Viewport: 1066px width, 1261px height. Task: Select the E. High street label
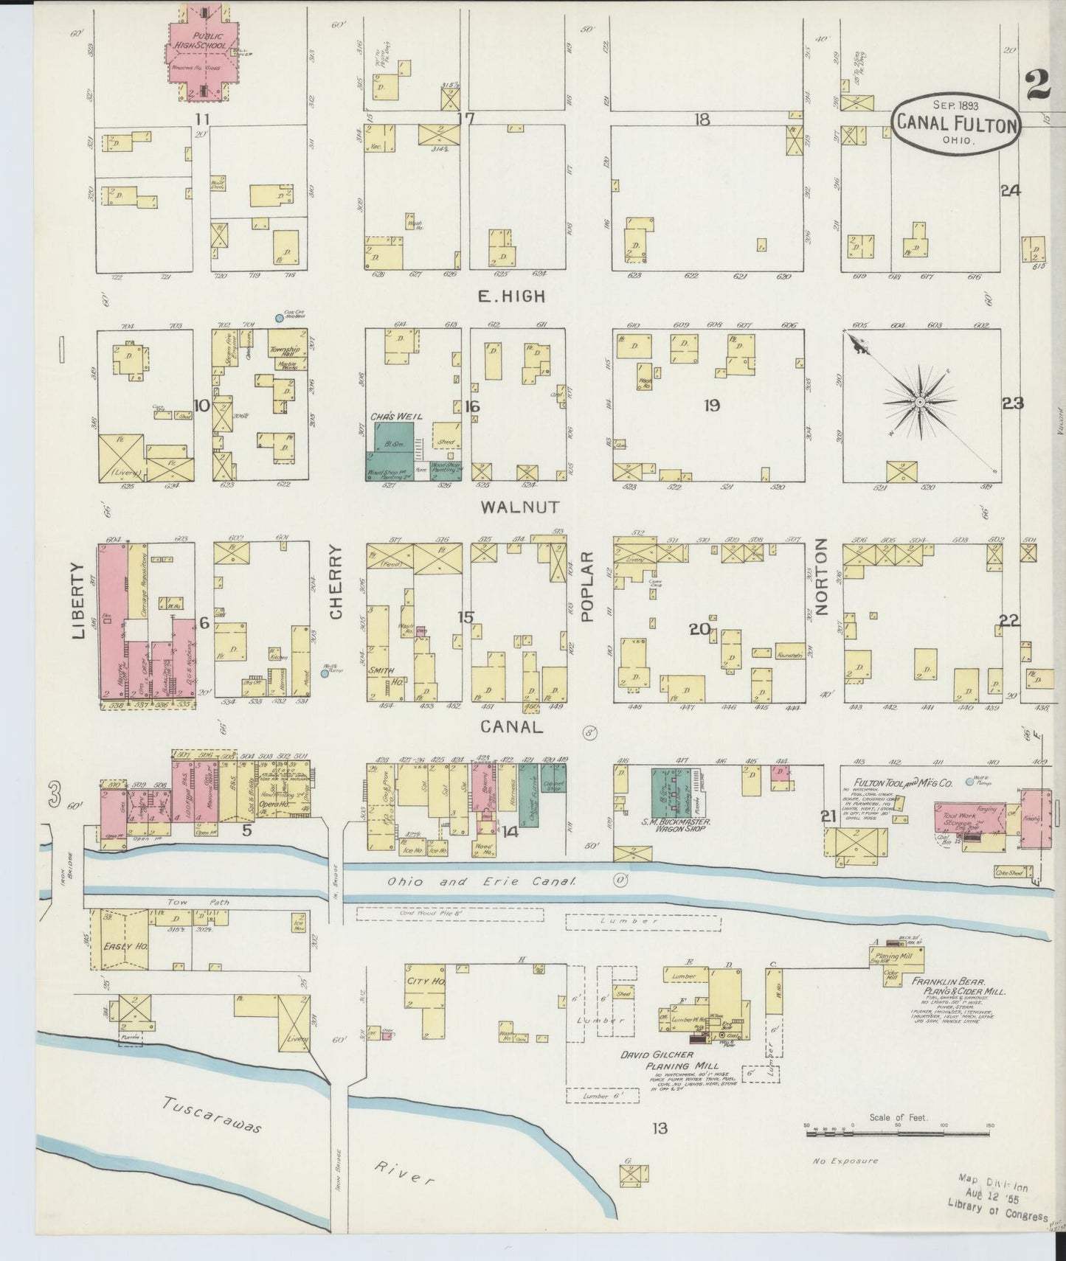(x=511, y=296)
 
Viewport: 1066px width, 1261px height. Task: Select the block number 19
(x=711, y=405)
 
